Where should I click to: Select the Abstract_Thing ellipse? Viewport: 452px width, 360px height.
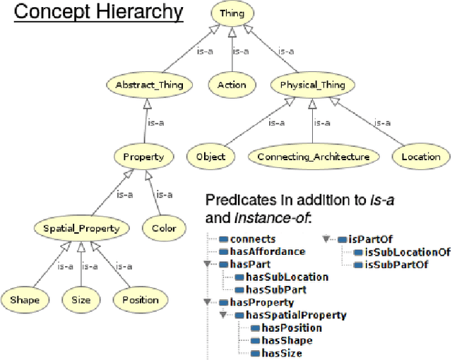(148, 85)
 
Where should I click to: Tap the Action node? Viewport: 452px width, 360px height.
(232, 85)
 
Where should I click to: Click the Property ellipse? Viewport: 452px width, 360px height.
(148, 157)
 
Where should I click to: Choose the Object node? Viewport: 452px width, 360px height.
(210, 157)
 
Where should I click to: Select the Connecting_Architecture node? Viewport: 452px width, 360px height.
(313, 157)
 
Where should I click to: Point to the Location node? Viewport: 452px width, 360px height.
(421, 157)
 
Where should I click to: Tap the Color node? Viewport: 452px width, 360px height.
(164, 228)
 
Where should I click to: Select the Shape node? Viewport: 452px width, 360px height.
(25, 299)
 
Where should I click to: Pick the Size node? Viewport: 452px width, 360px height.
(81, 299)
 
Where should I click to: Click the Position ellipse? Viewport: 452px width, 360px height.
(141, 299)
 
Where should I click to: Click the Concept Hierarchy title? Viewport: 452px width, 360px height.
(99, 12)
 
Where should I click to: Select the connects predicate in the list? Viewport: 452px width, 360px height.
(252, 239)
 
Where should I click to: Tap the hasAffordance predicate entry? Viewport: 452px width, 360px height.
(267, 251)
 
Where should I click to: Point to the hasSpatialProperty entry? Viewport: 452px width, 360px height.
(295, 316)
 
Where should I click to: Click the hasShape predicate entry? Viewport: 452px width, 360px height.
(286, 340)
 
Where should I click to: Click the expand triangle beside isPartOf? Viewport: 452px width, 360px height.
(326, 239)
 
